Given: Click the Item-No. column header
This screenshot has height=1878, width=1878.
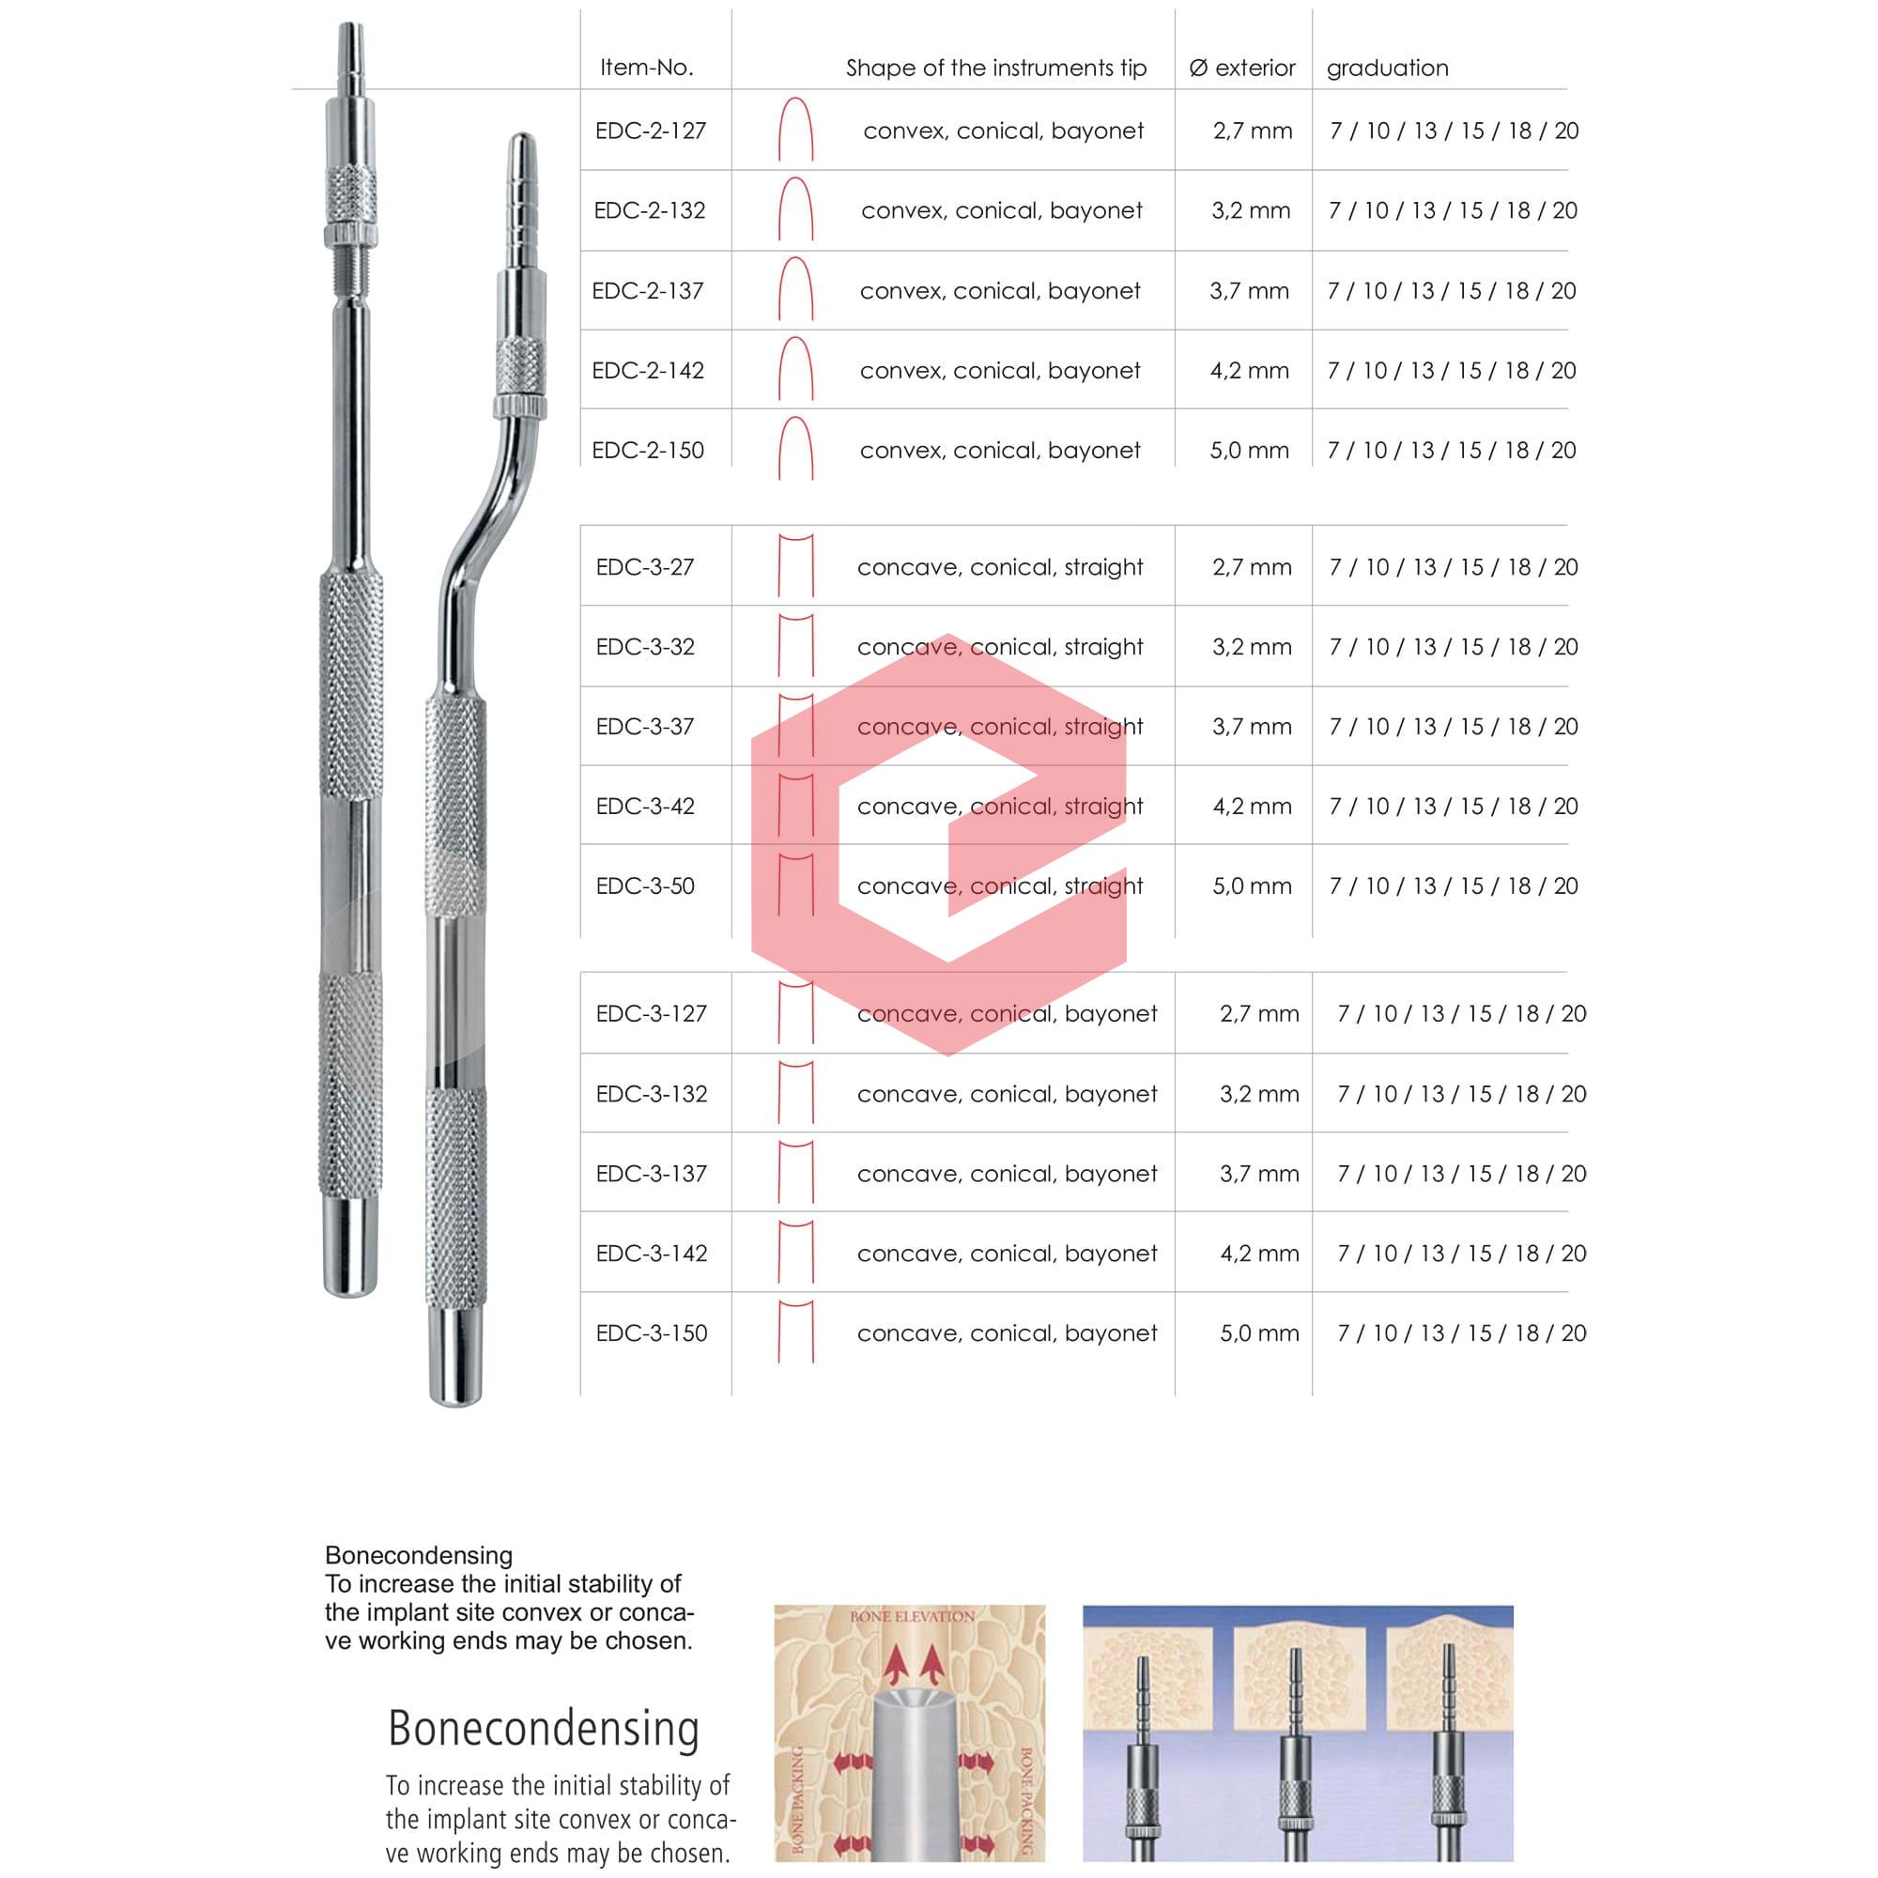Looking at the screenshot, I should pos(646,67).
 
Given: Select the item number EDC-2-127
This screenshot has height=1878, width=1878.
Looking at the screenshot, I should pos(651,131).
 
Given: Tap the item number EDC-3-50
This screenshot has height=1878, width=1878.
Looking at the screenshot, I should pos(644,885).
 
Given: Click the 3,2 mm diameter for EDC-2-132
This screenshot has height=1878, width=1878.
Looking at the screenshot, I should pos(1251,210).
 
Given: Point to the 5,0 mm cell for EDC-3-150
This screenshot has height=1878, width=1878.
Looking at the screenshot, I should pos(1259,1332).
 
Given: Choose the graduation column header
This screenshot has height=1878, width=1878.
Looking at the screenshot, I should pos(1387,67).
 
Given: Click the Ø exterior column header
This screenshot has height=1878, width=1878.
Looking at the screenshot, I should pos(1242,67).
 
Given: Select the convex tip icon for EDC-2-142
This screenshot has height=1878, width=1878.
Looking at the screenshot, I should pos(795,369).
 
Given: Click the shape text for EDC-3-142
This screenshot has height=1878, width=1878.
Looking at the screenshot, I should pos(1007,1253).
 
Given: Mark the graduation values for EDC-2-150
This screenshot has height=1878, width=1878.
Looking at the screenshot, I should pos(1452,450).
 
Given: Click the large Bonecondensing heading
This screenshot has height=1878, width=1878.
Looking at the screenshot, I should pos(544,1729).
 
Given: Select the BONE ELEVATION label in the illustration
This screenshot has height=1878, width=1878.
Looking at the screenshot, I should pos(912,1617).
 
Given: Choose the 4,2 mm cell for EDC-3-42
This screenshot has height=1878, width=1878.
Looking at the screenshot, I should pos(1251,806).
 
